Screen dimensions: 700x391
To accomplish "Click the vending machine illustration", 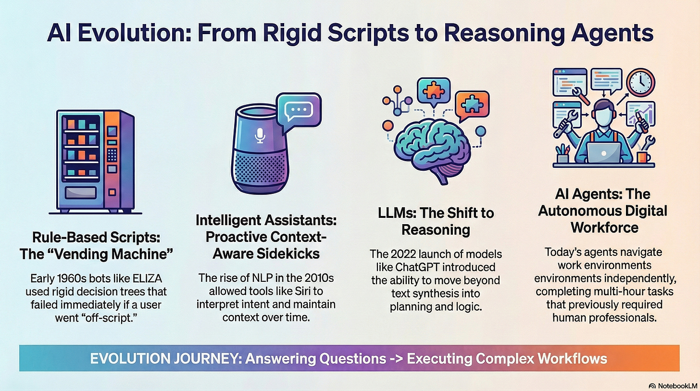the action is (94, 161).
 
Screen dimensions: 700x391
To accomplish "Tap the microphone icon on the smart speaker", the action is (260, 137).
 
